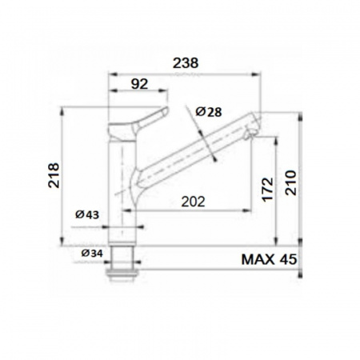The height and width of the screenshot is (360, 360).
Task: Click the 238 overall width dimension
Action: pyautogui.click(x=186, y=63)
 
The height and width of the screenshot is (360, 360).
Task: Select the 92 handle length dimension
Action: pyautogui.click(x=139, y=84)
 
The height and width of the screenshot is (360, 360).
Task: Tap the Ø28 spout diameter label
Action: pyautogui.click(x=209, y=112)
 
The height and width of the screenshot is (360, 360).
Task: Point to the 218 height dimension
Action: pyautogui.click(x=54, y=175)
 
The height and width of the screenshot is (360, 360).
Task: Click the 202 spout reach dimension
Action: pyautogui.click(x=193, y=202)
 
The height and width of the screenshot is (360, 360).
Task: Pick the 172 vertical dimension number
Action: pyautogui.click(x=268, y=189)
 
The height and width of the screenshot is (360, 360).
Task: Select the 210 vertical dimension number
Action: pyautogui.click(x=290, y=182)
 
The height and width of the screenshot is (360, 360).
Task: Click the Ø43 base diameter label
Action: pyautogui.click(x=87, y=214)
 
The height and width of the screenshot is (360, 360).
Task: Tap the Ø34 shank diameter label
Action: pyautogui.click(x=92, y=253)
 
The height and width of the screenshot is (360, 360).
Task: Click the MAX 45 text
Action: pyautogui.click(x=269, y=259)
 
